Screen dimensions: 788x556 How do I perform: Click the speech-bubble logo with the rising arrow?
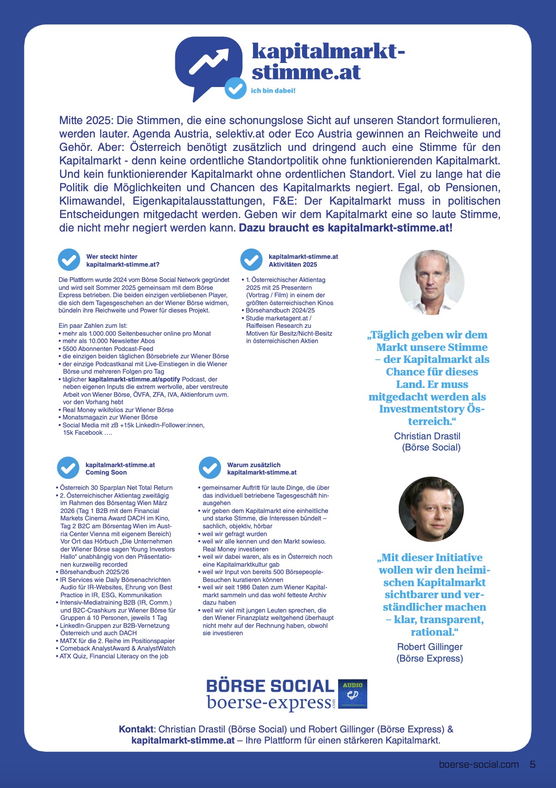208,65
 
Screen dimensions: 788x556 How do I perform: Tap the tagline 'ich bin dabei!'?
273,91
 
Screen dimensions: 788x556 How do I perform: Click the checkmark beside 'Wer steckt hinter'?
69,260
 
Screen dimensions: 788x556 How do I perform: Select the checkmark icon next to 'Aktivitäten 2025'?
251,260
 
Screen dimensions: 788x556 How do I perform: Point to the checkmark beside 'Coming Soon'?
68,468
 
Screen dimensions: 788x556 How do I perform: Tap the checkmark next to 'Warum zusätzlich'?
210,468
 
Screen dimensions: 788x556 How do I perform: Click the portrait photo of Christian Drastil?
432,282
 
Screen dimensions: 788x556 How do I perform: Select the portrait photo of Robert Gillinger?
431,509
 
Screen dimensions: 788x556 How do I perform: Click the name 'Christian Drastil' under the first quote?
427,436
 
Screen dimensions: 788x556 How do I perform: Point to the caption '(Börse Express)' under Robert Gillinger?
430,658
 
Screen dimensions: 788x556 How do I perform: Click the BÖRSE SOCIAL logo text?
270,686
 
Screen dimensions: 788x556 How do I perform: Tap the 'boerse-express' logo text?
269,702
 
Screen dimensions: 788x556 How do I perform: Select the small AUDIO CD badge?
352,694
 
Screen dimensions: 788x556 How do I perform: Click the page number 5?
532,764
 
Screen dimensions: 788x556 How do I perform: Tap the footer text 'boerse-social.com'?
479,764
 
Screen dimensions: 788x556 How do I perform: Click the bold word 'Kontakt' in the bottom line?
136,729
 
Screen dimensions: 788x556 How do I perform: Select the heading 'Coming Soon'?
106,473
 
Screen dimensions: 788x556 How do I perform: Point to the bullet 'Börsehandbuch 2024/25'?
280,311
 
